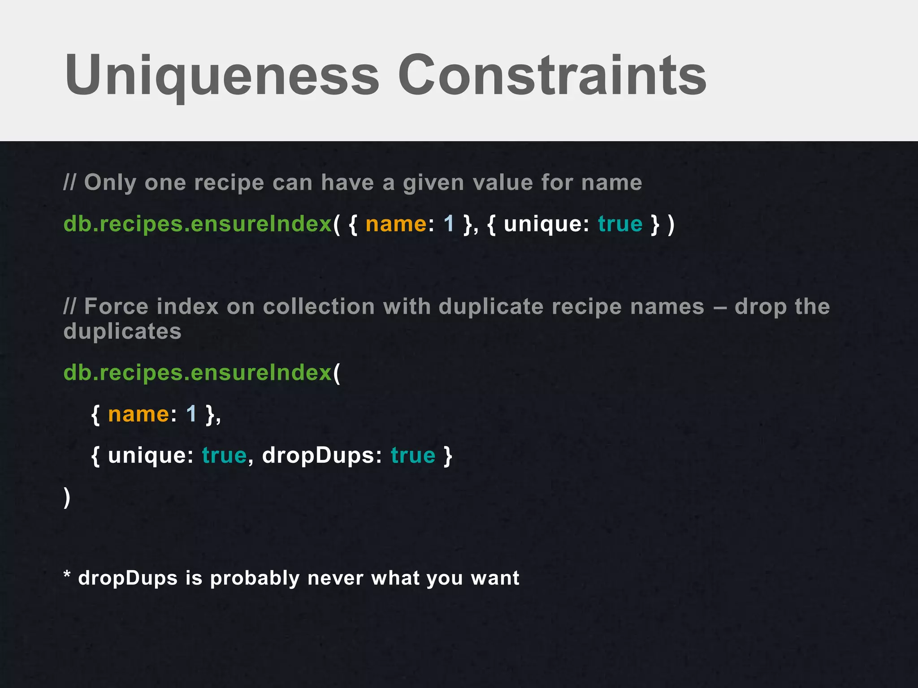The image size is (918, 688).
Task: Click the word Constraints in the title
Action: point(552,75)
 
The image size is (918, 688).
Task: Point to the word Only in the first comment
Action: point(110,183)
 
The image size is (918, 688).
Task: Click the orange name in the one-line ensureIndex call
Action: point(396,224)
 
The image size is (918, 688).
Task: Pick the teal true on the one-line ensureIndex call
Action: point(620,224)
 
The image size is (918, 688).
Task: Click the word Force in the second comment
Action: point(116,307)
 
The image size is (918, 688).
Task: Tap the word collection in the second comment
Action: point(318,307)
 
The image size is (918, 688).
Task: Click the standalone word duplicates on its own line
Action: point(122,332)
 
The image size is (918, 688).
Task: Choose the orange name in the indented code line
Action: point(139,414)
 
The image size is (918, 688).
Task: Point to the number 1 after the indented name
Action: point(191,414)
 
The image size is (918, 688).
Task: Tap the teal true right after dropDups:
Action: point(413,456)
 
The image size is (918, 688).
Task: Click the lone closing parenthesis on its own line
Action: point(67,497)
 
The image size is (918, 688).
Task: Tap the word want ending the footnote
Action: point(495,578)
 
